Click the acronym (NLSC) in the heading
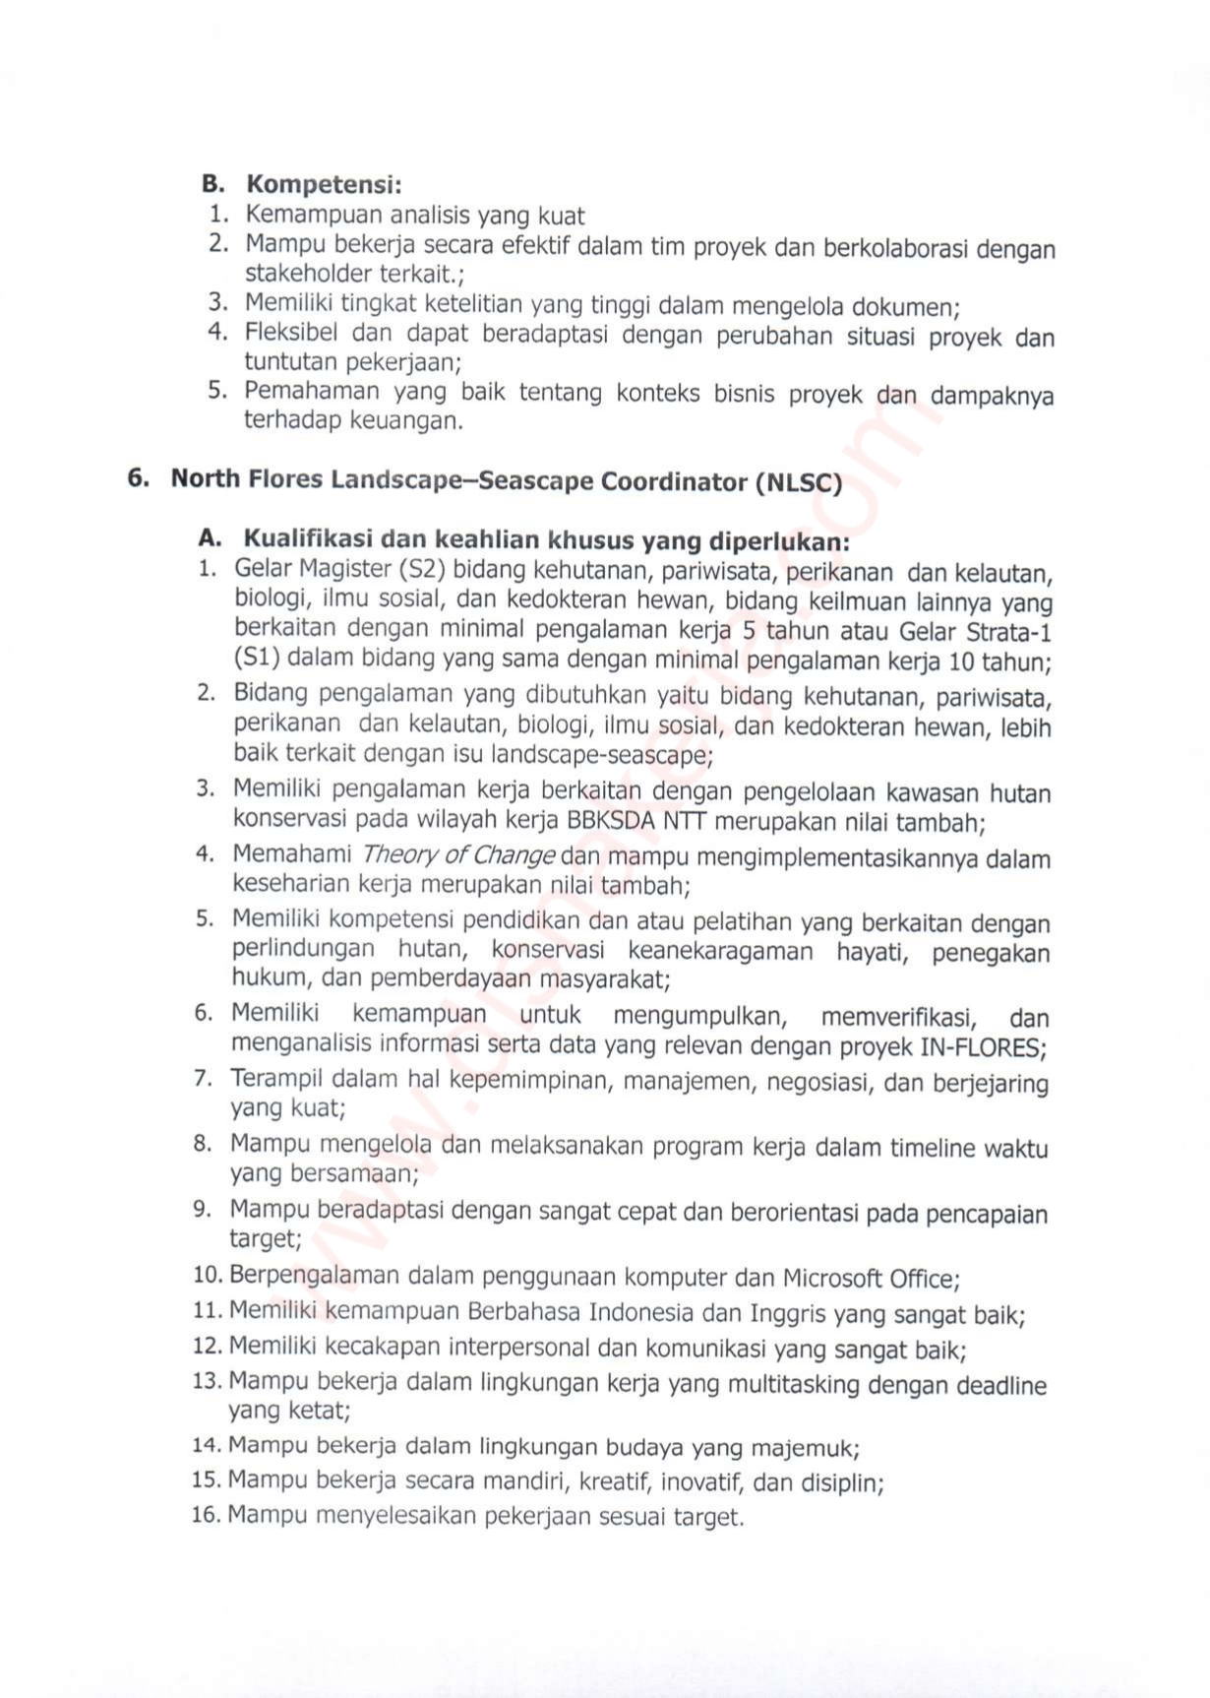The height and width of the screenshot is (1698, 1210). pos(799,483)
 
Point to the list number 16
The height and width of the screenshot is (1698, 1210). pos(207,1514)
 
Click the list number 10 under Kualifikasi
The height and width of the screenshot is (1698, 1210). pos(209,1276)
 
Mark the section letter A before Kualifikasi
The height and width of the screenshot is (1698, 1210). pos(209,538)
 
